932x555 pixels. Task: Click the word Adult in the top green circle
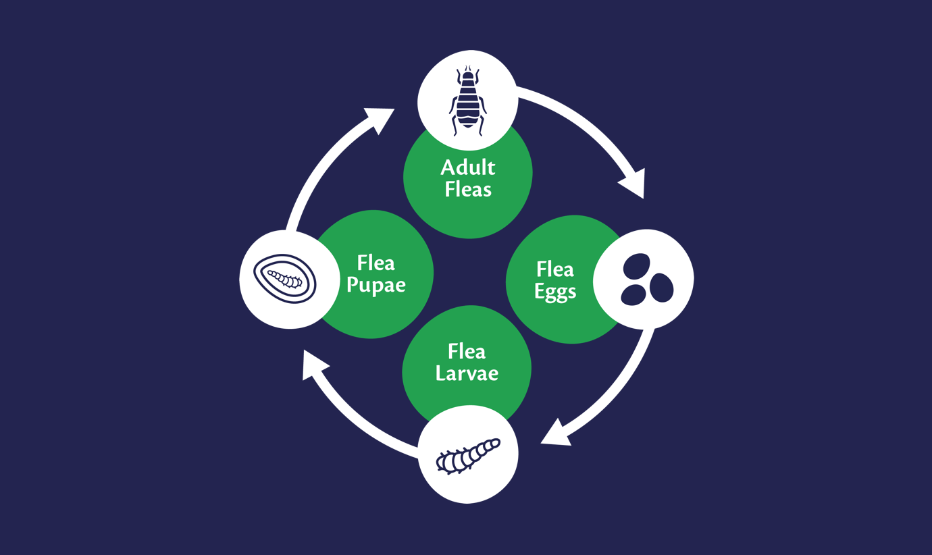468,167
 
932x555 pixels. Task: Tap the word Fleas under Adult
468,189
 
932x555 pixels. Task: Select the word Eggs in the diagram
555,292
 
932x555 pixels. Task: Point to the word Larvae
467,373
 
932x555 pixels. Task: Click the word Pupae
376,286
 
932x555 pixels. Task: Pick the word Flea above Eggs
555,269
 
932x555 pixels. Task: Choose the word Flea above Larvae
467,351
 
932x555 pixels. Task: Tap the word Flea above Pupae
376,263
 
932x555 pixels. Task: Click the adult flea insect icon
467,101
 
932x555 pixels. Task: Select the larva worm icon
468,456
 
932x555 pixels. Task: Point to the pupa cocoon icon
285,279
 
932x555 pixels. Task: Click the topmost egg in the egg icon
637,266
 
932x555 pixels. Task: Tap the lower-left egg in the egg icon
633,295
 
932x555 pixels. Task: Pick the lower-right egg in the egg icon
662,288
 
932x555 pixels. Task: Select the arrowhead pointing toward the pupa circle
314,364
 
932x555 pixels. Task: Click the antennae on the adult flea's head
468,68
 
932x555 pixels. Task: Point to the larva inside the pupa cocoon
285,279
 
